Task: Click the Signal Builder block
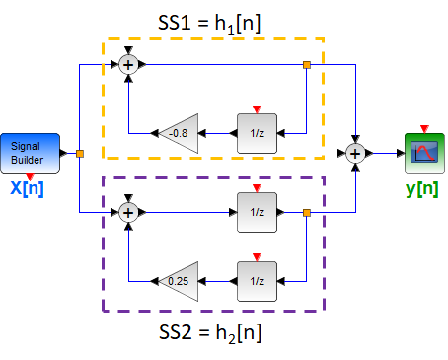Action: pyautogui.click(x=31, y=153)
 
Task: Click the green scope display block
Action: pyautogui.click(x=423, y=152)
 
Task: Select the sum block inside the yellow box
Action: pyautogui.click(x=128, y=65)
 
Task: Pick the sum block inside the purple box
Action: pyautogui.click(x=128, y=212)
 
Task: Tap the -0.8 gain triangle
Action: pyautogui.click(x=182, y=132)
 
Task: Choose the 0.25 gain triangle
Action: pyautogui.click(x=182, y=280)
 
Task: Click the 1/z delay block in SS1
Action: pyautogui.click(x=256, y=132)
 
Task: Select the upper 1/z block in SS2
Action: pyautogui.click(x=256, y=212)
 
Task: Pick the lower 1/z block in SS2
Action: pyautogui.click(x=256, y=280)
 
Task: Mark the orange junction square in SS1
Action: pyautogui.click(x=307, y=65)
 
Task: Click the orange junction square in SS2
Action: pyautogui.click(x=307, y=212)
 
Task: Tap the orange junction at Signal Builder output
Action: pyautogui.click(x=79, y=153)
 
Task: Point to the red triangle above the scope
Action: pyautogui.click(x=423, y=128)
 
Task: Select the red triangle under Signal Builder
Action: pyautogui.click(x=31, y=176)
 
